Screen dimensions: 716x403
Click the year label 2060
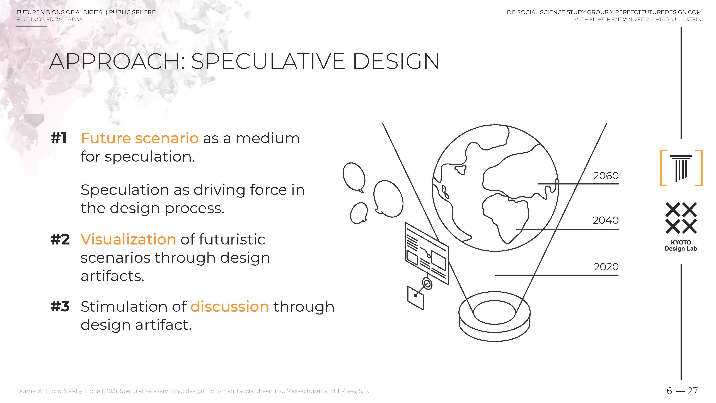606,176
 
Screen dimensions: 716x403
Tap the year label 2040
606,220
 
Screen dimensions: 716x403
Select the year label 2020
606,267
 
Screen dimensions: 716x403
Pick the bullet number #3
60,306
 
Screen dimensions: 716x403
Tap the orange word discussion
230,306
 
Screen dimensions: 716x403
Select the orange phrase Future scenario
140,138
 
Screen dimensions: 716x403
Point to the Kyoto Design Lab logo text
681,246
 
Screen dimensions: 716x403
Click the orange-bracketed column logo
681,168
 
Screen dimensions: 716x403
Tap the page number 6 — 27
682,391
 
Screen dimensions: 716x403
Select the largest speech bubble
388,198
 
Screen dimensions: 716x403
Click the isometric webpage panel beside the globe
427,253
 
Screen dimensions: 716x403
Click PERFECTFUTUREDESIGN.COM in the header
658,12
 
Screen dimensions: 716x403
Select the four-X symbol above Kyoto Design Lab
681,218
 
